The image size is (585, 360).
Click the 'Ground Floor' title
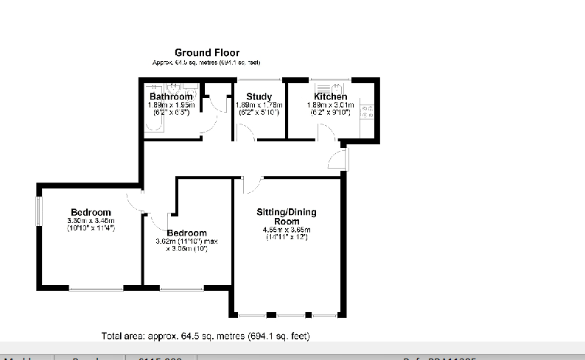tap(206, 52)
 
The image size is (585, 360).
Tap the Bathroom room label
tap(171, 96)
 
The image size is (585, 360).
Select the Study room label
tap(259, 96)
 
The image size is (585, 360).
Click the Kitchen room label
tap(330, 96)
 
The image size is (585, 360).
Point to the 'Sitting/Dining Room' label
tap(286, 216)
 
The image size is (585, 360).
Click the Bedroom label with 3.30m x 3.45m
tap(91, 213)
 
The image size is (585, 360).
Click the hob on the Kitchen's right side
tap(366, 111)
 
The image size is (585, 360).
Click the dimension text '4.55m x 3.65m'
tap(286, 230)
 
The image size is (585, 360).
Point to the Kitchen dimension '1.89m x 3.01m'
tap(330, 105)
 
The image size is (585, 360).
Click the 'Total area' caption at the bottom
tap(205, 336)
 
